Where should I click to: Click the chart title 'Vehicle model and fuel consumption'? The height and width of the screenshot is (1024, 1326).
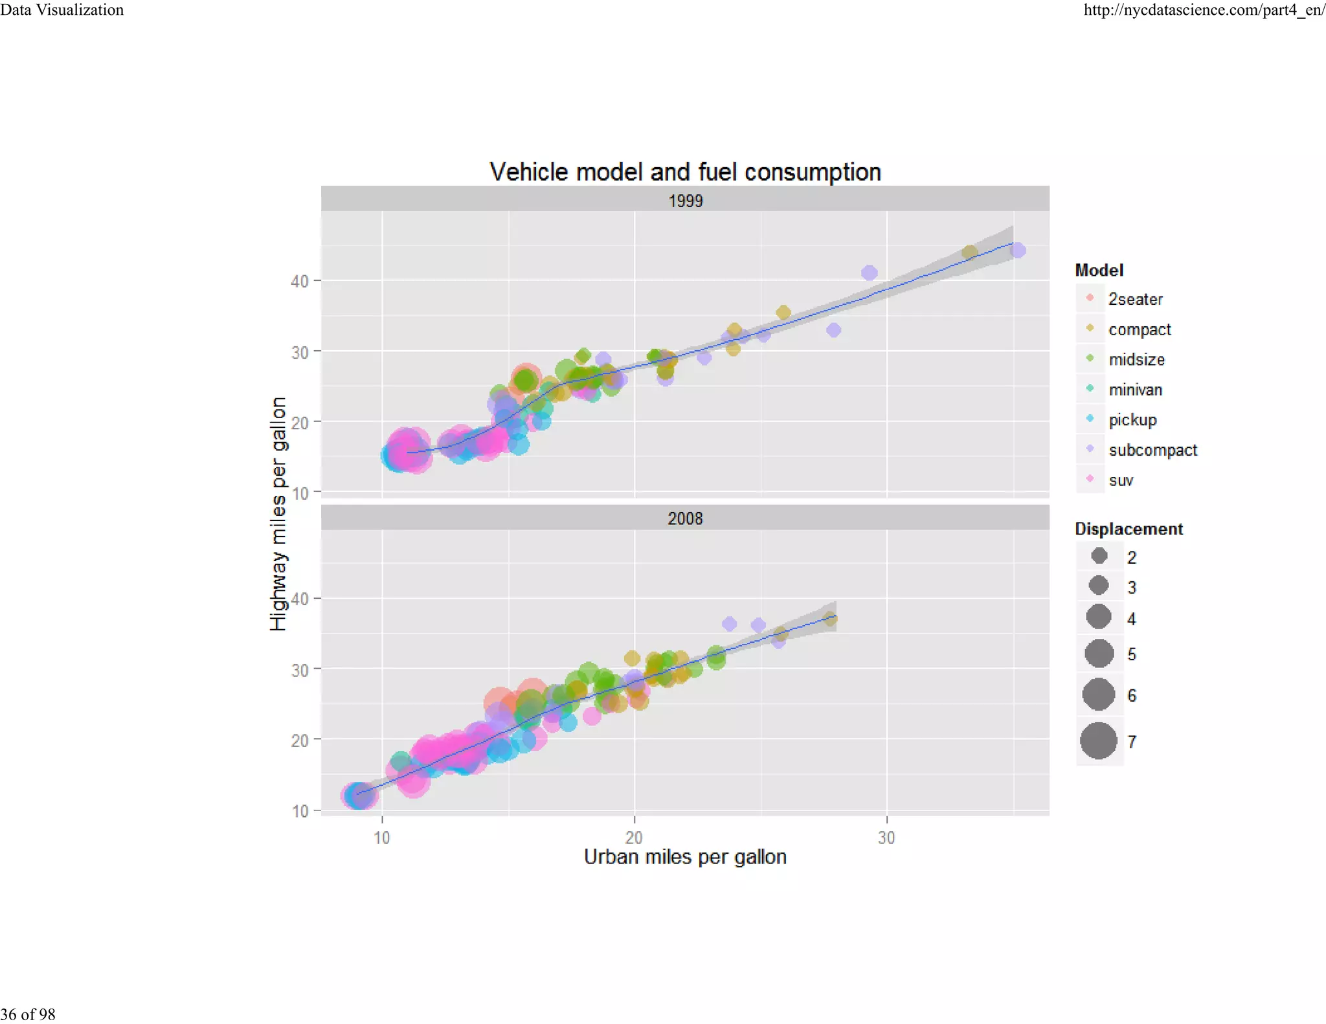pyautogui.click(x=685, y=172)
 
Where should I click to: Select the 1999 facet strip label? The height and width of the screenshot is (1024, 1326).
pyautogui.click(x=685, y=201)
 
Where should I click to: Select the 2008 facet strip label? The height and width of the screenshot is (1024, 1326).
pyautogui.click(x=685, y=518)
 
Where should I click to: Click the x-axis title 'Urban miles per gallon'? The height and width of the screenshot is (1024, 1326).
pyautogui.click(x=685, y=857)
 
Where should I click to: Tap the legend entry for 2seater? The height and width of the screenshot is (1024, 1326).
pyautogui.click(x=1135, y=299)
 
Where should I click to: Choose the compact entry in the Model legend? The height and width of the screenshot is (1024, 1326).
pyautogui.click(x=1139, y=329)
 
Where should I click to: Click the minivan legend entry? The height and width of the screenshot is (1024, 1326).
pyautogui.click(x=1135, y=390)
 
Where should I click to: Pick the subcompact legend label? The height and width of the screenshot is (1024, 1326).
pyautogui.click(x=1152, y=450)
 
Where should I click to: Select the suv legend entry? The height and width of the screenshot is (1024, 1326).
pyautogui.click(x=1121, y=480)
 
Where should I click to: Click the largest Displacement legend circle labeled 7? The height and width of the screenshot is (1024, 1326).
pyautogui.click(x=1099, y=740)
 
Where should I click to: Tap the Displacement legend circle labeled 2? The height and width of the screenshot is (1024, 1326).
pyautogui.click(x=1099, y=556)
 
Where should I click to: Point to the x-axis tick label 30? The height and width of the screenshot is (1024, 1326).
pyautogui.click(x=886, y=838)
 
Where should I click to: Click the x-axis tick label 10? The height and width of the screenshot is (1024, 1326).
pyautogui.click(x=382, y=838)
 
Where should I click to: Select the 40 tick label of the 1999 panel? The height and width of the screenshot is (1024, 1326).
pyautogui.click(x=299, y=282)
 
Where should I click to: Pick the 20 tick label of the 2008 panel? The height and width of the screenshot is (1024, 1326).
pyautogui.click(x=299, y=740)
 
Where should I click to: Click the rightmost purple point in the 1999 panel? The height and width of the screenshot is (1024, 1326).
pyautogui.click(x=1018, y=250)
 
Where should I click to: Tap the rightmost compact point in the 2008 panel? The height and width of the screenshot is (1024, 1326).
pyautogui.click(x=830, y=619)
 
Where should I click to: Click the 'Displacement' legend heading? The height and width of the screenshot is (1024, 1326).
pyautogui.click(x=1129, y=529)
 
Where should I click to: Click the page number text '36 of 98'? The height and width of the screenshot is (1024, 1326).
pyautogui.click(x=28, y=1014)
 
